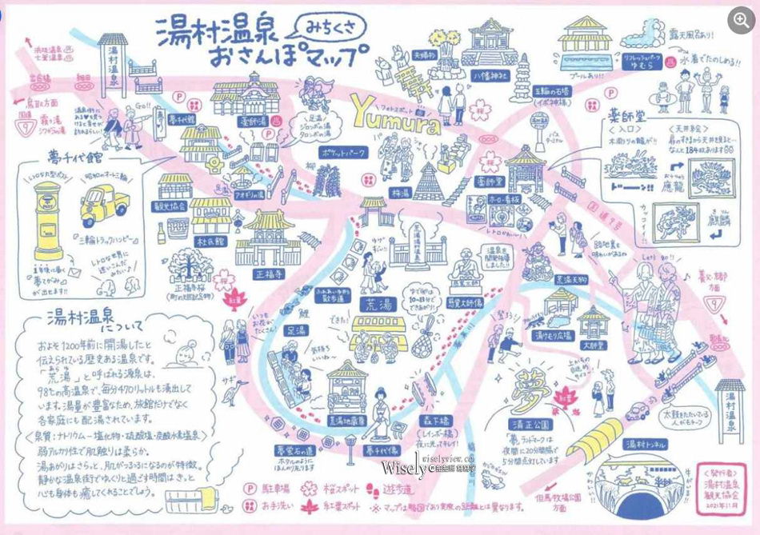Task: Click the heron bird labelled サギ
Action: coord(232,389)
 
